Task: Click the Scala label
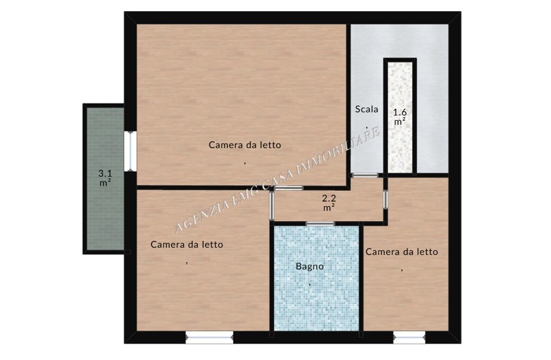(367, 109)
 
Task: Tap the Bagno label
(309, 266)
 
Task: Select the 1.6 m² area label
(400, 118)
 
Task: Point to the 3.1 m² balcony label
(105, 178)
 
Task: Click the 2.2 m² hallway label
(329, 203)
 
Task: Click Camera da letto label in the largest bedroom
(245, 145)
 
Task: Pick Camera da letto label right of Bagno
(402, 252)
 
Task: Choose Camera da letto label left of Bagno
(186, 245)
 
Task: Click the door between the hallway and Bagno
(320, 224)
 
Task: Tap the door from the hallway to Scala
(366, 175)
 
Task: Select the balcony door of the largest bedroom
(131, 151)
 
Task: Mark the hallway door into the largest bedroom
(289, 188)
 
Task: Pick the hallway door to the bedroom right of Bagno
(386, 199)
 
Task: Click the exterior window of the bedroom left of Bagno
(209, 338)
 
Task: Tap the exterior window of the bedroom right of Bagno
(410, 338)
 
